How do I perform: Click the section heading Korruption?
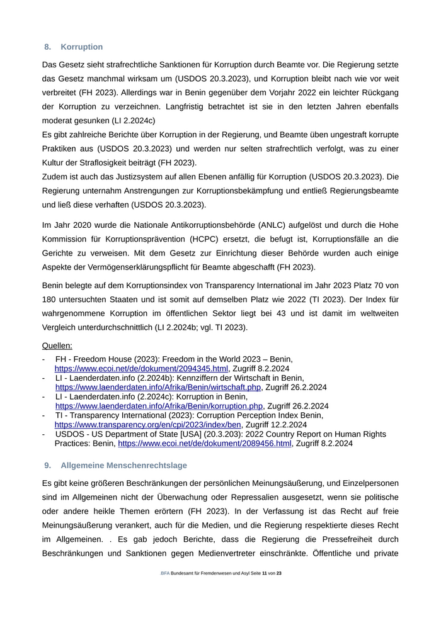coord(82,47)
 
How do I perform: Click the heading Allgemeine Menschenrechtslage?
coord(124,465)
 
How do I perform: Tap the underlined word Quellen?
coord(57,345)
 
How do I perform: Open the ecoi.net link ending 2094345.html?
coord(141,368)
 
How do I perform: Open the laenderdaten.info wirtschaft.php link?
coord(158,387)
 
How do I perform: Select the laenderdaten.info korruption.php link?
coord(159,406)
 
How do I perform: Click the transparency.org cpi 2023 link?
coord(148,425)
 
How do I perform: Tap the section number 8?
coord(47,47)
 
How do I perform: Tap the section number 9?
coord(47,465)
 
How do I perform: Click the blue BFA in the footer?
coord(165,573)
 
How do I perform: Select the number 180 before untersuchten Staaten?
coord(50,300)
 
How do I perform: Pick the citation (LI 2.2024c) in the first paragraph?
coord(132,120)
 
